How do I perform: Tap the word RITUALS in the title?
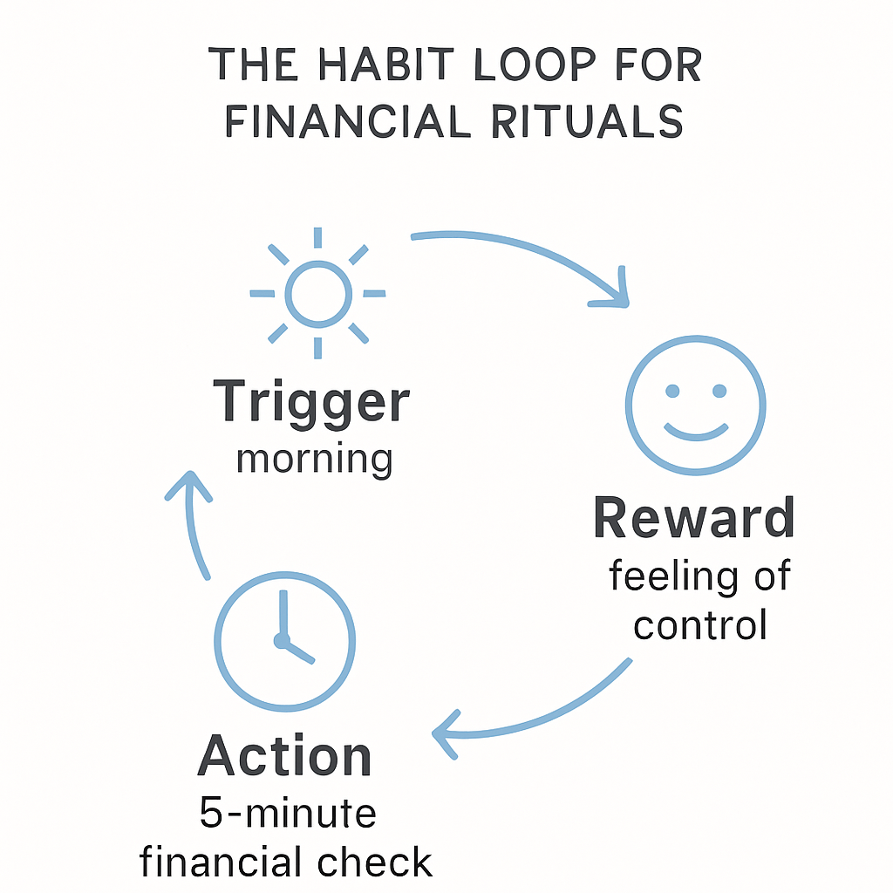(x=586, y=121)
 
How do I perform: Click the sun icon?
(x=318, y=293)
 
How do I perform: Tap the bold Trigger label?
(x=311, y=403)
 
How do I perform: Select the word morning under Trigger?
(x=314, y=458)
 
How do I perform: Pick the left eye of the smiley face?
(x=671, y=390)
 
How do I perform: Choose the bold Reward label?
(x=694, y=518)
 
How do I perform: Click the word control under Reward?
(x=700, y=624)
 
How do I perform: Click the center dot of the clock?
(x=282, y=641)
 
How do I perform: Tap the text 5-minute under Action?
(x=288, y=813)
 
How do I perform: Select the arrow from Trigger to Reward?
(x=532, y=253)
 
